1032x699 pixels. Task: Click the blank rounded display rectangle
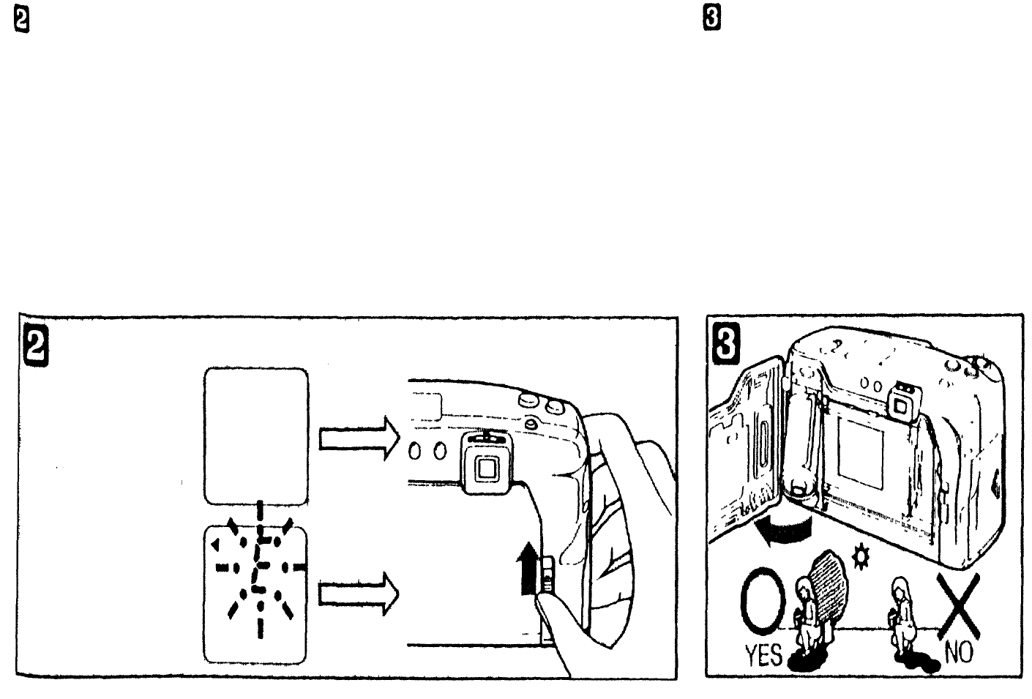click(256, 436)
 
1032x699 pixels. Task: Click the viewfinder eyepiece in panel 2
click(485, 466)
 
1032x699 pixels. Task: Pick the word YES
click(763, 654)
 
